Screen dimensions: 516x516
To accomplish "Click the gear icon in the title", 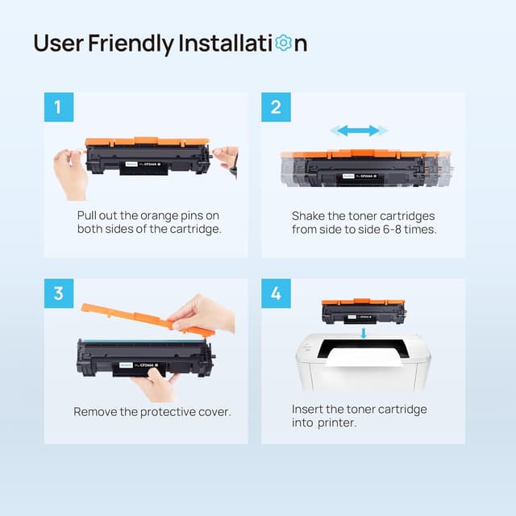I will (x=283, y=43).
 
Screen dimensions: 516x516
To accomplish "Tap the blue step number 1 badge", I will (x=58, y=107).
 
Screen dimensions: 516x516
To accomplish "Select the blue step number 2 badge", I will (x=276, y=107).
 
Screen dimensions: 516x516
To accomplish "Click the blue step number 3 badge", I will (x=58, y=293).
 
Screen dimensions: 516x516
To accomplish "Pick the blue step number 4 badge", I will (x=276, y=293).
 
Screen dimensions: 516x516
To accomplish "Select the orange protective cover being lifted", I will (x=145, y=318).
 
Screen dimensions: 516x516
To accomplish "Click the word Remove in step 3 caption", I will (x=96, y=412).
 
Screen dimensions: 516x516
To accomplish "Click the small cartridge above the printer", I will (x=362, y=310).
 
